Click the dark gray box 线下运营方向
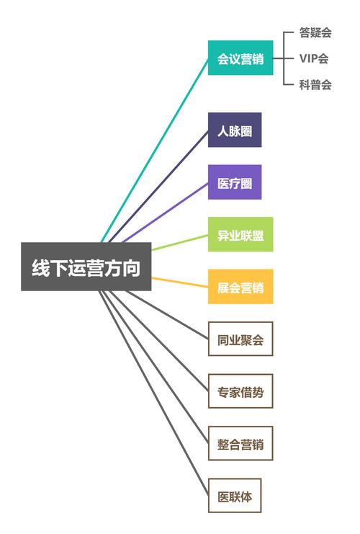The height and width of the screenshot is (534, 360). (x=86, y=267)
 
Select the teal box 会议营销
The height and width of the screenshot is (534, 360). (x=240, y=58)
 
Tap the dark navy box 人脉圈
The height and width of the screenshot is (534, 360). (x=235, y=130)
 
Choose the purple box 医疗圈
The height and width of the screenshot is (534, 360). (x=235, y=182)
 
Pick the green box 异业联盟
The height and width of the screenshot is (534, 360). (x=240, y=234)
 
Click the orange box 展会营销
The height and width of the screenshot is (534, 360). (x=240, y=286)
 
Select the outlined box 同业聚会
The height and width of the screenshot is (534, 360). (x=240, y=339)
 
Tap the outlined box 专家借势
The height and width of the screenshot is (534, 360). (x=240, y=391)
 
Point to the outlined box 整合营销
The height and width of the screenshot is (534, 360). (x=240, y=443)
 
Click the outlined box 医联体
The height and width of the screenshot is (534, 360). (x=235, y=496)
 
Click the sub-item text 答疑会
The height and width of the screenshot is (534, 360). (x=315, y=32)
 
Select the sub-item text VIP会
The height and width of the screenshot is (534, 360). (x=314, y=58)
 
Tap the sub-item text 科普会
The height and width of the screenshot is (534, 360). (x=315, y=84)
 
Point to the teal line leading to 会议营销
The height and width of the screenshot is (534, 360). (x=155, y=150)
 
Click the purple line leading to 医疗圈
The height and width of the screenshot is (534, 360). (x=166, y=213)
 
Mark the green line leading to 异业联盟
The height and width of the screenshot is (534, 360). (x=180, y=242)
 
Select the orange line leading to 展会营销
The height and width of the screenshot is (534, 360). (x=180, y=282)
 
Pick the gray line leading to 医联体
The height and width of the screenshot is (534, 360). (x=153, y=393)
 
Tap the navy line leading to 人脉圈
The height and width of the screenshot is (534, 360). (x=158, y=186)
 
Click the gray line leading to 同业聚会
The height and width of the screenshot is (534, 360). (x=167, y=315)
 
